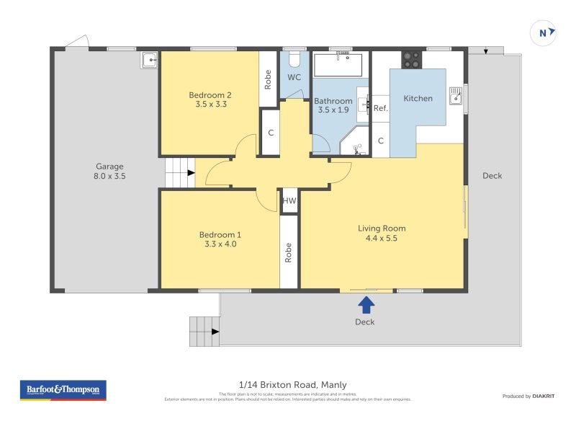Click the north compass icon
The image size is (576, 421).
point(544,32)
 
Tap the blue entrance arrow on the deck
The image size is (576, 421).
point(366,304)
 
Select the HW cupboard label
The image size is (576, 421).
point(289,201)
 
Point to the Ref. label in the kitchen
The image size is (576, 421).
point(381,109)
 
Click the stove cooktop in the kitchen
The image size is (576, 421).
point(411,60)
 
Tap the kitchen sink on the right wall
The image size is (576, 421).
point(456,95)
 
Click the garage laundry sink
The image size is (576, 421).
point(149,60)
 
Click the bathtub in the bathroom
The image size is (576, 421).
point(341,65)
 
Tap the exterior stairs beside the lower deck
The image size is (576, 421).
point(204,331)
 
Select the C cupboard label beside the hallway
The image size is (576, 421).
point(270,133)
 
